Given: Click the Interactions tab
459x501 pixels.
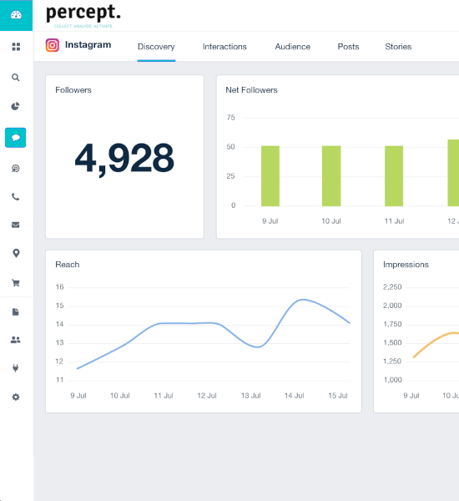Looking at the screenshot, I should coord(224,47).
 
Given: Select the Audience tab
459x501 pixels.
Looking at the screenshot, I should coord(292,47).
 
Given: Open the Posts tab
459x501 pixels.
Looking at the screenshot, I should coord(348,47).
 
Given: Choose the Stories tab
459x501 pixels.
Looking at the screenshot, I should coord(398,47).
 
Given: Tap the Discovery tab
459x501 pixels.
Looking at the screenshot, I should coord(156,47).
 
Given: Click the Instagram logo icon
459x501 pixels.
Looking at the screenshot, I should coord(53,45).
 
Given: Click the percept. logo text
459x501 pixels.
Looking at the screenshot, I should coord(83,13).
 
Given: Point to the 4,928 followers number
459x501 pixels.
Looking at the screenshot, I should coord(124,157).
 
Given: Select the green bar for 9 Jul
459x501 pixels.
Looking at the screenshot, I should coord(270,175).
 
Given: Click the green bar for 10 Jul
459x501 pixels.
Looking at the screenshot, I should coord(331,175).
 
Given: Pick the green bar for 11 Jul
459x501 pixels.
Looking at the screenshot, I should coord(393,175).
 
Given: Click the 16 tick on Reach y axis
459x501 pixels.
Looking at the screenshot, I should coord(59,286).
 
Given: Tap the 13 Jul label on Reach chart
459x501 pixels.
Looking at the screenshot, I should coord(251,395).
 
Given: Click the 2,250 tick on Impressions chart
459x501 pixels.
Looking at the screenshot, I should coord(391,286).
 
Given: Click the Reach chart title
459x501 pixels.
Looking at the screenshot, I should coord(68,265).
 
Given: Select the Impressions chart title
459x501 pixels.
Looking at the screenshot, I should coord(406,265).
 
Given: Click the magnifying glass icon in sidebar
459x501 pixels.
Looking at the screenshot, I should coord(16,77).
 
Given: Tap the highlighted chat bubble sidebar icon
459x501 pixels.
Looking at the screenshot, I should coord(16,137).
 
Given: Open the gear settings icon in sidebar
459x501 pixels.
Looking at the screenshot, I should coord(16,397).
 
